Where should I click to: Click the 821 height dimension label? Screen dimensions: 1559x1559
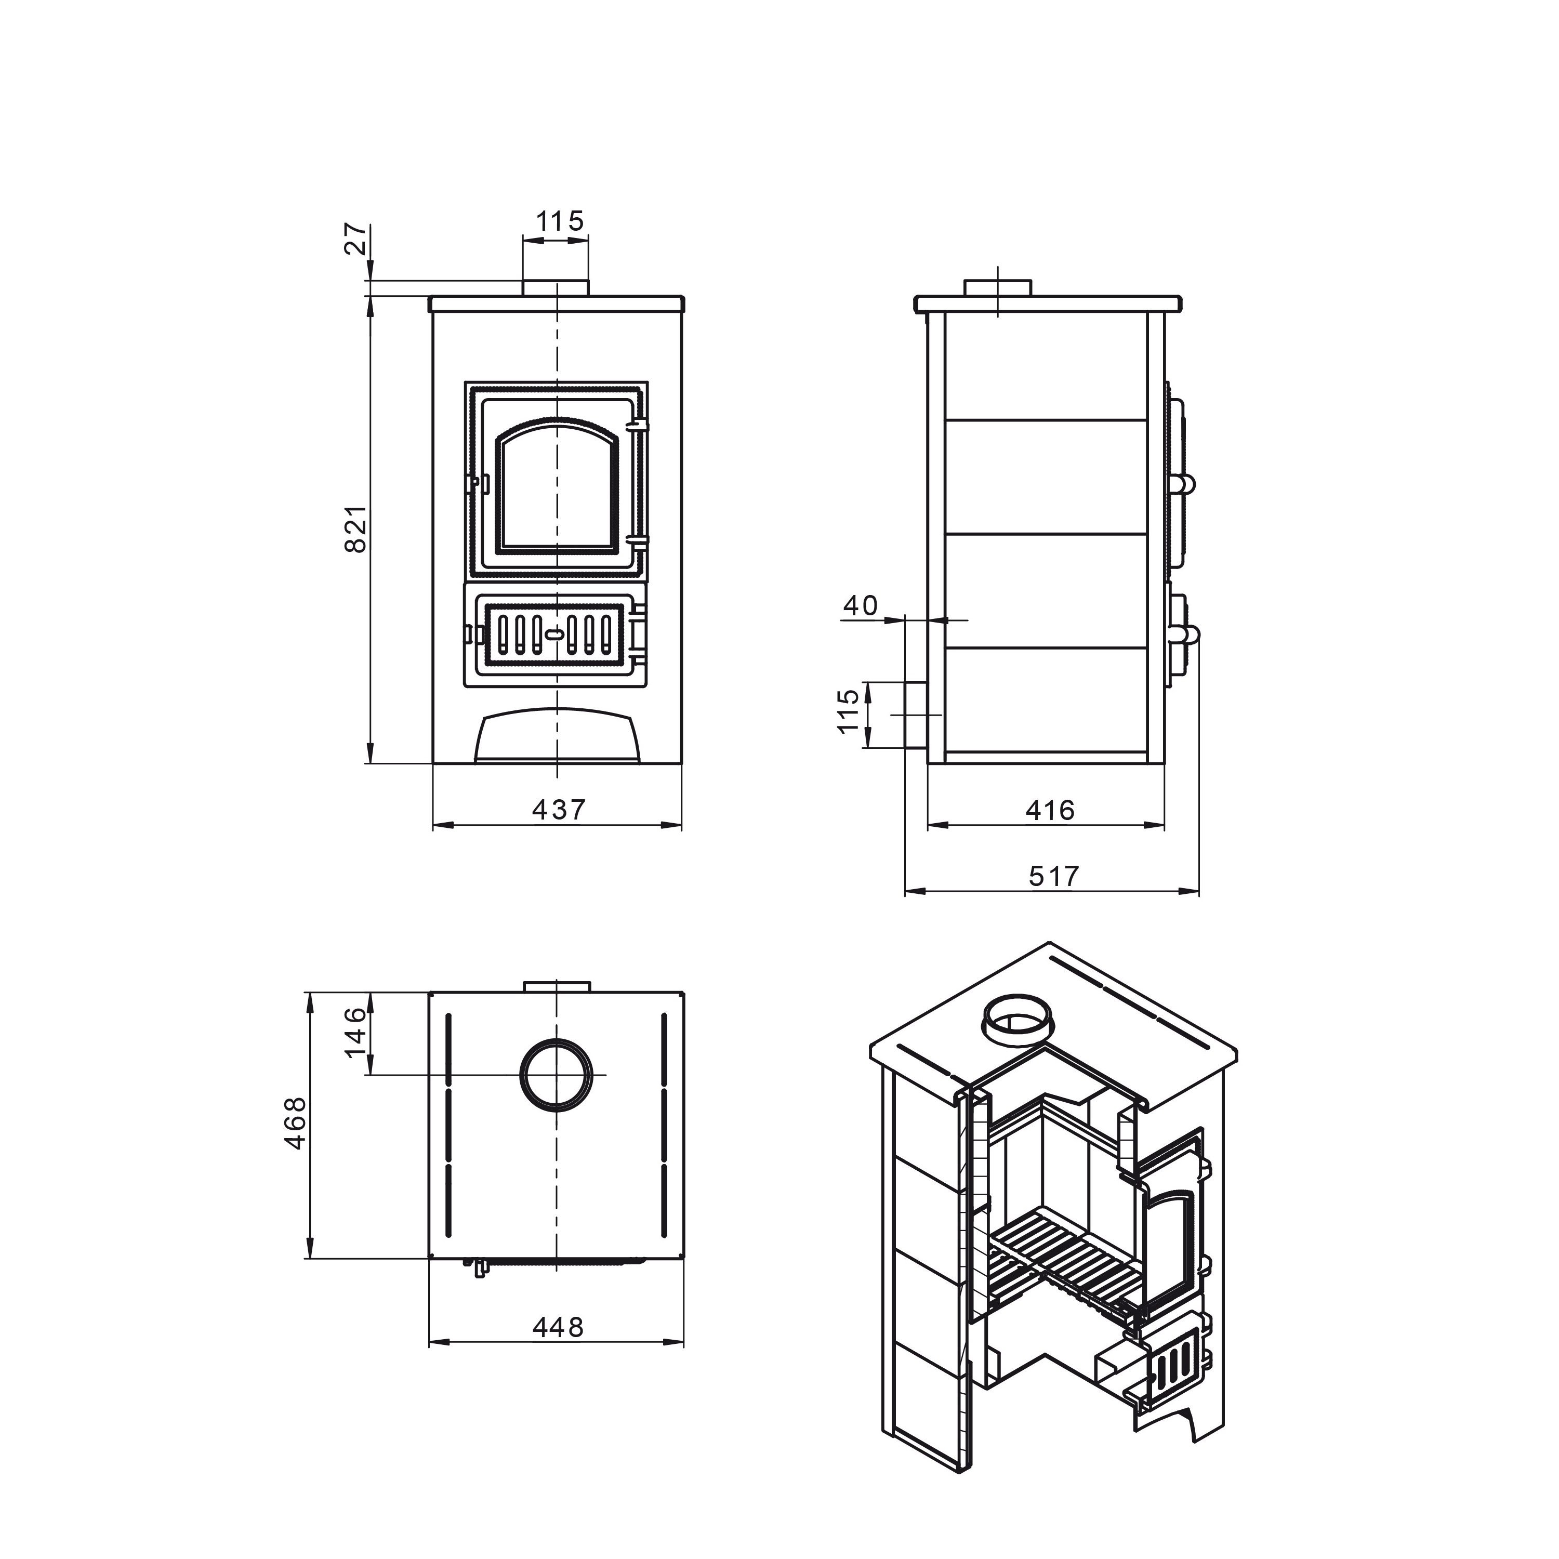356,530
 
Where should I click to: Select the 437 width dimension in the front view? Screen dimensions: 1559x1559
559,809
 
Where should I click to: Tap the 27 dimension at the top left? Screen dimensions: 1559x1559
356,239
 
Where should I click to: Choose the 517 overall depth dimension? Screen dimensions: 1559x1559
1054,876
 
